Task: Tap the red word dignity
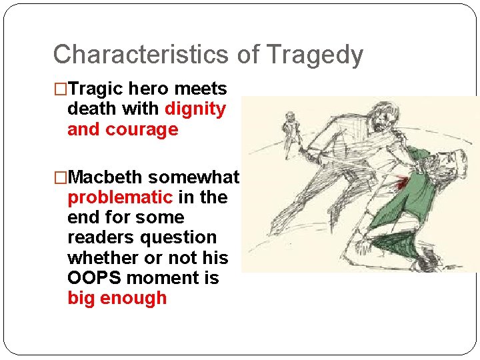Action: [x=195, y=109]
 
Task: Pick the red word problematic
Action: [x=120, y=197]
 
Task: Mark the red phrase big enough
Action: [x=117, y=297]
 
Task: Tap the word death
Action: [x=90, y=109]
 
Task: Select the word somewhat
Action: [x=193, y=177]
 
